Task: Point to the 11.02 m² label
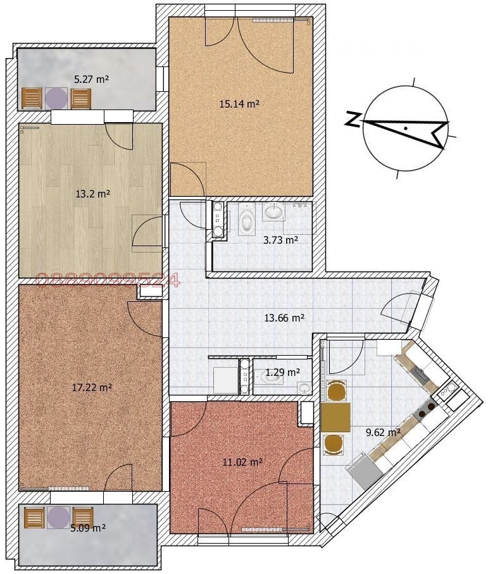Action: click(243, 463)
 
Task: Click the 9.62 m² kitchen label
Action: click(383, 433)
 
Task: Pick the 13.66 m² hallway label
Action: click(284, 318)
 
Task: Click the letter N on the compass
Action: click(352, 118)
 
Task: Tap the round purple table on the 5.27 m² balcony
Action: click(56, 98)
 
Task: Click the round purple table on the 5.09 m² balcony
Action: click(58, 517)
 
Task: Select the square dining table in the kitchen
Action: click(335, 417)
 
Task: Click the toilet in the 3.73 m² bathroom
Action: click(246, 221)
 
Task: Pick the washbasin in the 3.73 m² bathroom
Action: click(274, 211)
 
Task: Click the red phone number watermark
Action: click(108, 281)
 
